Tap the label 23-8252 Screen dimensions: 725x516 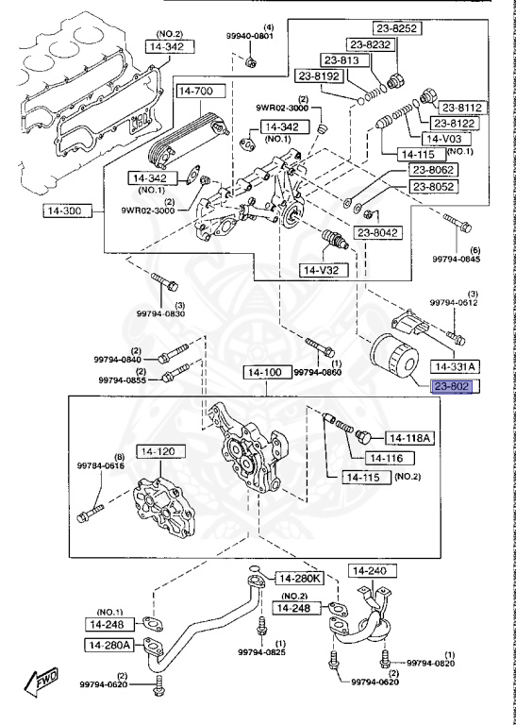tap(397, 28)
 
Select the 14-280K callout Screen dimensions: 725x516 tap(297, 578)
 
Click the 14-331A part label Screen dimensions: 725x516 tap(455, 366)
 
